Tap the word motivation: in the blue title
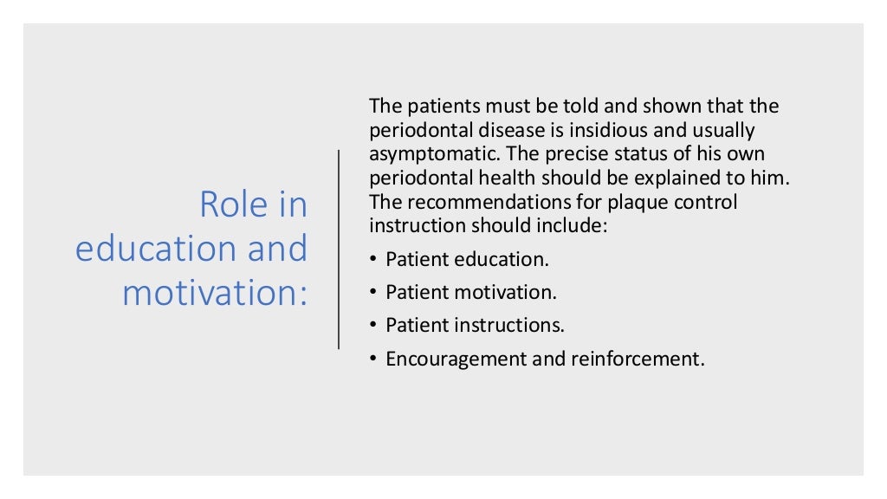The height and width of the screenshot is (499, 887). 215,292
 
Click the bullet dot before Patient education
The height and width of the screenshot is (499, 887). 374,259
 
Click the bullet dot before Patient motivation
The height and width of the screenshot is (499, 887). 374,293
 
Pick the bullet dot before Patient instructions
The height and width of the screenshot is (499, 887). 374,326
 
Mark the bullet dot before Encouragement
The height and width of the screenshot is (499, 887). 374,359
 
